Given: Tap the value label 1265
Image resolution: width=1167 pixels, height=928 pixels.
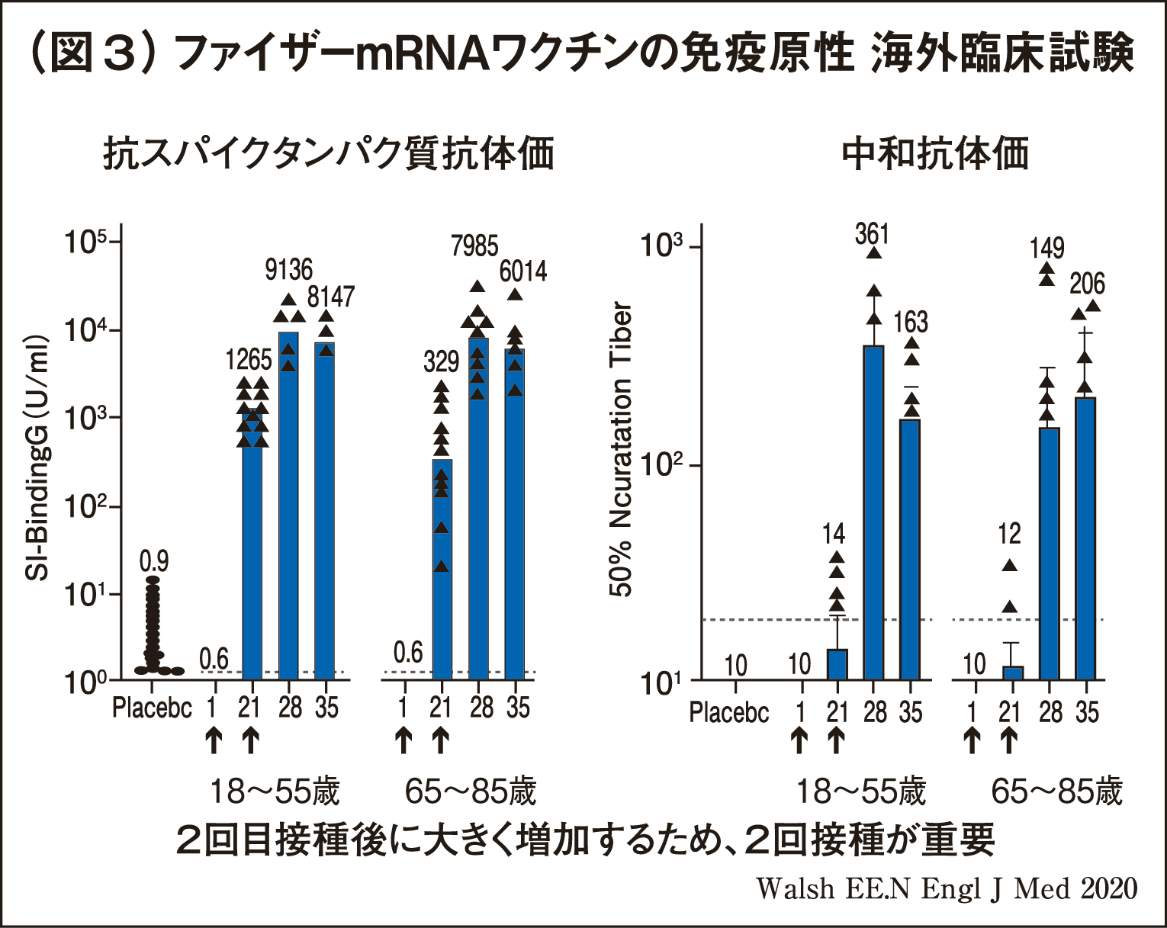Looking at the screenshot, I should coord(249,359).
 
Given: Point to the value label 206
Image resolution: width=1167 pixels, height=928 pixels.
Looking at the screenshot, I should coord(1087,284).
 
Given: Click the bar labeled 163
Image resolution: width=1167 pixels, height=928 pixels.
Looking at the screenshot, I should coord(910,549).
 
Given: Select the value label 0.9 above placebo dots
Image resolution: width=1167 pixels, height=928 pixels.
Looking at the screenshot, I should coord(154,562).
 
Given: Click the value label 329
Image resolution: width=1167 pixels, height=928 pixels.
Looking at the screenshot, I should coord(441,361).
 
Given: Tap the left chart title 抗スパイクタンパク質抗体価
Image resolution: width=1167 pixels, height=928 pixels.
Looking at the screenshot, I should coord(329,153).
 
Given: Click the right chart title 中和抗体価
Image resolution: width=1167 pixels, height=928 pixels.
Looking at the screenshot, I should coord(935,153).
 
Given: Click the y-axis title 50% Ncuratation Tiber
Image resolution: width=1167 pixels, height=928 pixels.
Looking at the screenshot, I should coord(622,450).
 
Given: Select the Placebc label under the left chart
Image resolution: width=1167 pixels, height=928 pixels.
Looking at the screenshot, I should coord(152,708).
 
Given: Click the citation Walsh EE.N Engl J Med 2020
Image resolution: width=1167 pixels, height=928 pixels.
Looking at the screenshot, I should coord(947,888).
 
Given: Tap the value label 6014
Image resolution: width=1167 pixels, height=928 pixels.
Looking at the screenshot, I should coord(523,271).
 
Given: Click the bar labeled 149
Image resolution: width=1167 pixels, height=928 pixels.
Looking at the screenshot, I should coord(1050,553).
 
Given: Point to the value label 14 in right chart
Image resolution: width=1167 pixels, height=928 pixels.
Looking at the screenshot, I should coord(834,535).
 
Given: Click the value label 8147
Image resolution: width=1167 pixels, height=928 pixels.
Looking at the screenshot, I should coord(331,297).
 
